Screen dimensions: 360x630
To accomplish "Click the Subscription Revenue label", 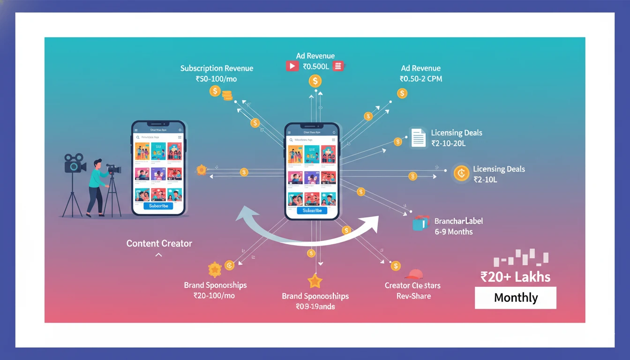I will point(217,68).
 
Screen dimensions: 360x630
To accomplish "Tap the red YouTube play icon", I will point(292,66).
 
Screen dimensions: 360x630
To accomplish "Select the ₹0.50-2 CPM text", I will point(420,79).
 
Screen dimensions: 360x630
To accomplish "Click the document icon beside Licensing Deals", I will point(418,138).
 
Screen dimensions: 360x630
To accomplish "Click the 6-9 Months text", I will point(453,232).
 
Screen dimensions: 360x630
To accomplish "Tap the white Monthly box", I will point(515,298).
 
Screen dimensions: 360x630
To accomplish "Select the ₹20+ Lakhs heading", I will point(515,277).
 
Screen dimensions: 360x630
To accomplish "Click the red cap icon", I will point(413,274).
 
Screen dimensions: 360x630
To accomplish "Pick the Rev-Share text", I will point(413,296).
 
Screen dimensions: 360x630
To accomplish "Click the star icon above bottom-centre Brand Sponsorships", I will point(315,281).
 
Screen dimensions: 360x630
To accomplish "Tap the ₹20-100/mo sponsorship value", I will point(214,296).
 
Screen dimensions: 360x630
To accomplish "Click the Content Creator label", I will point(159,243).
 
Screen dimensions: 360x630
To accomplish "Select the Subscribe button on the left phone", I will point(158,206).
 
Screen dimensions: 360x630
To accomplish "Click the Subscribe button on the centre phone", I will point(312,210).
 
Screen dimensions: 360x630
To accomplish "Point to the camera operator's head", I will point(97,164).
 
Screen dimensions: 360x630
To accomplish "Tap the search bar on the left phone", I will point(158,137).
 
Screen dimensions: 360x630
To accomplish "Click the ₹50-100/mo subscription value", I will point(216,79).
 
